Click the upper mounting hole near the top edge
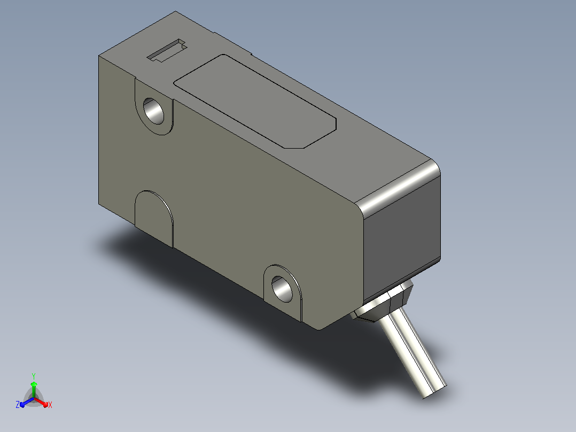pyautogui.click(x=153, y=110)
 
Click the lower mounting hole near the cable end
pyautogui.click(x=282, y=289)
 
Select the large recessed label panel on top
pyautogui.click(x=255, y=101)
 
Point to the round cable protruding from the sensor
pyautogui.click(x=413, y=353)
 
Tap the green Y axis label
pyautogui.click(x=34, y=376)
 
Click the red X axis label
pyautogui.click(x=50, y=405)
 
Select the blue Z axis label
pyautogui.click(x=17, y=405)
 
